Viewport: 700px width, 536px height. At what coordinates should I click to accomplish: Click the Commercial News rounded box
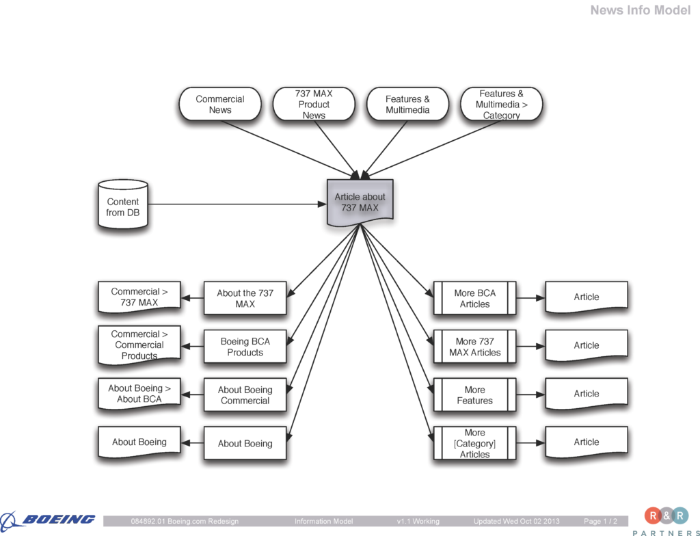[220, 105]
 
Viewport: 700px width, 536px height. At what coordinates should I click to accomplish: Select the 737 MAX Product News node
[314, 105]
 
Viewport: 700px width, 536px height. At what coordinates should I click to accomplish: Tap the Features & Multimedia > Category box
[501, 105]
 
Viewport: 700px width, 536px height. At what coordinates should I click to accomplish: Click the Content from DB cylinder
[122, 206]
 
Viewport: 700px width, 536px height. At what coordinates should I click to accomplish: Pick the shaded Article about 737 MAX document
[360, 202]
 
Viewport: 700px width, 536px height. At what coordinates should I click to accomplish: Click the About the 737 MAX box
[245, 298]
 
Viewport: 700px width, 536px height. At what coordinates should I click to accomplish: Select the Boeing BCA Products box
[245, 347]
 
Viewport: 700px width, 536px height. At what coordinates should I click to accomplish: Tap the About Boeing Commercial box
[245, 395]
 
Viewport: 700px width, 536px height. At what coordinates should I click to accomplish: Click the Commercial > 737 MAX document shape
[139, 297]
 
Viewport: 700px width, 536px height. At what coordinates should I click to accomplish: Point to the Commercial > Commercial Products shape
[139, 345]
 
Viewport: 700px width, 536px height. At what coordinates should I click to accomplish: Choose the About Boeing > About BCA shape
[139, 394]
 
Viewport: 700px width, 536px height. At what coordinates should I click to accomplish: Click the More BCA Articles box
[474, 298]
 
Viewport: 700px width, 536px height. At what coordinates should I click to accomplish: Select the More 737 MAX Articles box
[474, 347]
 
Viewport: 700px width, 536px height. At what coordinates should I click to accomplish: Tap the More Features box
[474, 395]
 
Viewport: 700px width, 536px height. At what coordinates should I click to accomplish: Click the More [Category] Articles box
[474, 443]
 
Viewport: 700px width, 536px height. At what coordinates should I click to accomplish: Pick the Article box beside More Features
[586, 394]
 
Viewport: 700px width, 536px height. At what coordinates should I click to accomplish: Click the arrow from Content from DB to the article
[236, 204]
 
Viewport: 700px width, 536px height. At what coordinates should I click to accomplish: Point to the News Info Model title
[640, 10]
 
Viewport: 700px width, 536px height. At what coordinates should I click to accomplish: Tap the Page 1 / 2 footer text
[601, 522]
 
